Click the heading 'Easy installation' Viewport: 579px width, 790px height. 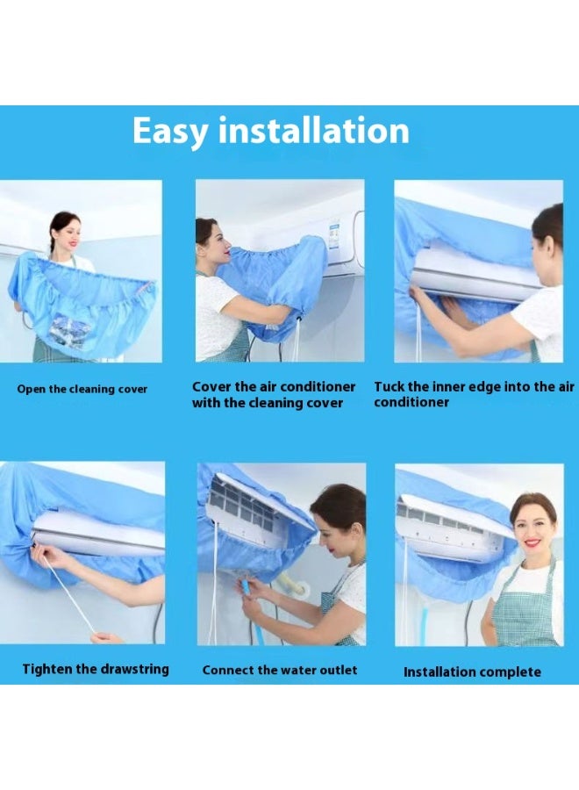coord(270,131)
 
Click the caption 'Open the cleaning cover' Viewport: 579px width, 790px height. coord(82,389)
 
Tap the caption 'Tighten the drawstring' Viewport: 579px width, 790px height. coord(96,669)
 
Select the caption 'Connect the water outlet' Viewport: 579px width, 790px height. coord(280,670)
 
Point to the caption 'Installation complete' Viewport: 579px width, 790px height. coord(472,671)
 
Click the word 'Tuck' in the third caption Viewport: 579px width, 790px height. coord(390,386)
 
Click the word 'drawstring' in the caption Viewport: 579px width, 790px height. coord(131,669)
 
